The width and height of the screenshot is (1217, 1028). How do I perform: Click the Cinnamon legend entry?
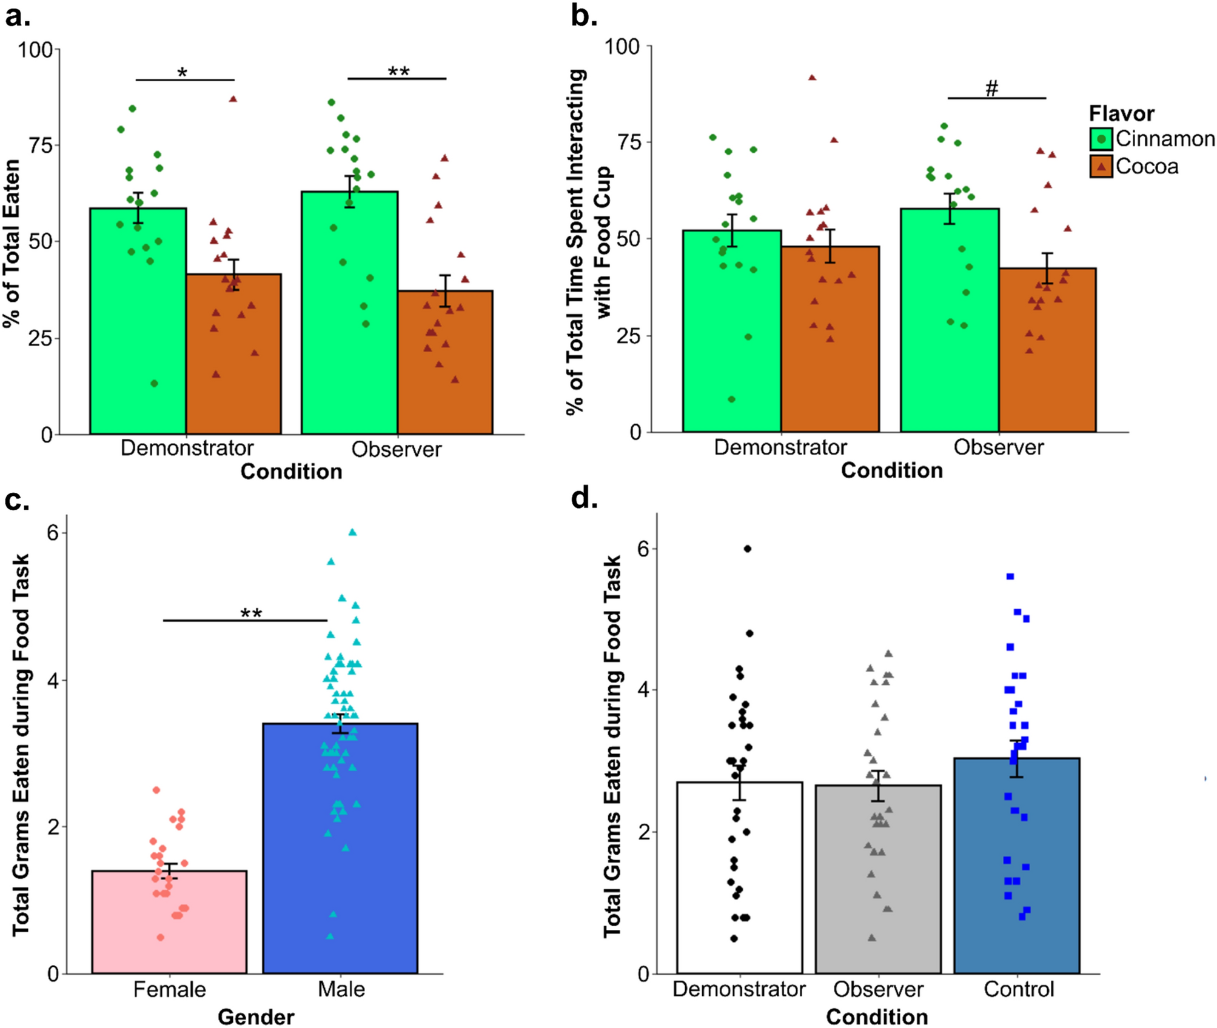pyautogui.click(x=1152, y=139)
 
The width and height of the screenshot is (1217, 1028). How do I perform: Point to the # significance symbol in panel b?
pyautogui.click(x=991, y=89)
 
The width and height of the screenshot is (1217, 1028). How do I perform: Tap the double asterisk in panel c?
pyautogui.click(x=251, y=613)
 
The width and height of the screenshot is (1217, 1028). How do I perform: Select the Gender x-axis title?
pyautogui.click(x=256, y=1016)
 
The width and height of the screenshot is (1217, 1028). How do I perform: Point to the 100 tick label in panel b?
pyautogui.click(x=623, y=47)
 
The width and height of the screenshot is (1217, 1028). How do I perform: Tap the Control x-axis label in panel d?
pyautogui.click(x=1019, y=989)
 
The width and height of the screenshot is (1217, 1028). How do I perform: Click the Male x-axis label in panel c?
pyautogui.click(x=341, y=989)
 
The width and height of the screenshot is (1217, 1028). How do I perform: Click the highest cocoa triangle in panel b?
pyautogui.click(x=812, y=78)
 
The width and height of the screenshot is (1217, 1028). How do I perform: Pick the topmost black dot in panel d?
pyautogui.click(x=748, y=549)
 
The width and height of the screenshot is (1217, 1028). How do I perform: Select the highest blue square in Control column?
pyautogui.click(x=1010, y=576)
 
